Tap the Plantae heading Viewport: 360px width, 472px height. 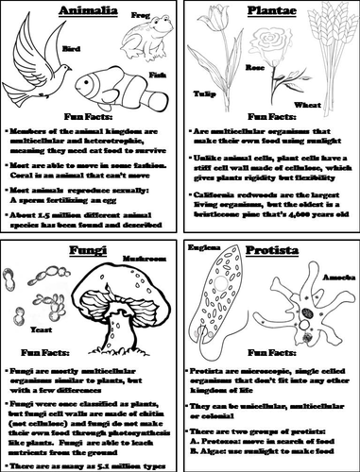(267, 16)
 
